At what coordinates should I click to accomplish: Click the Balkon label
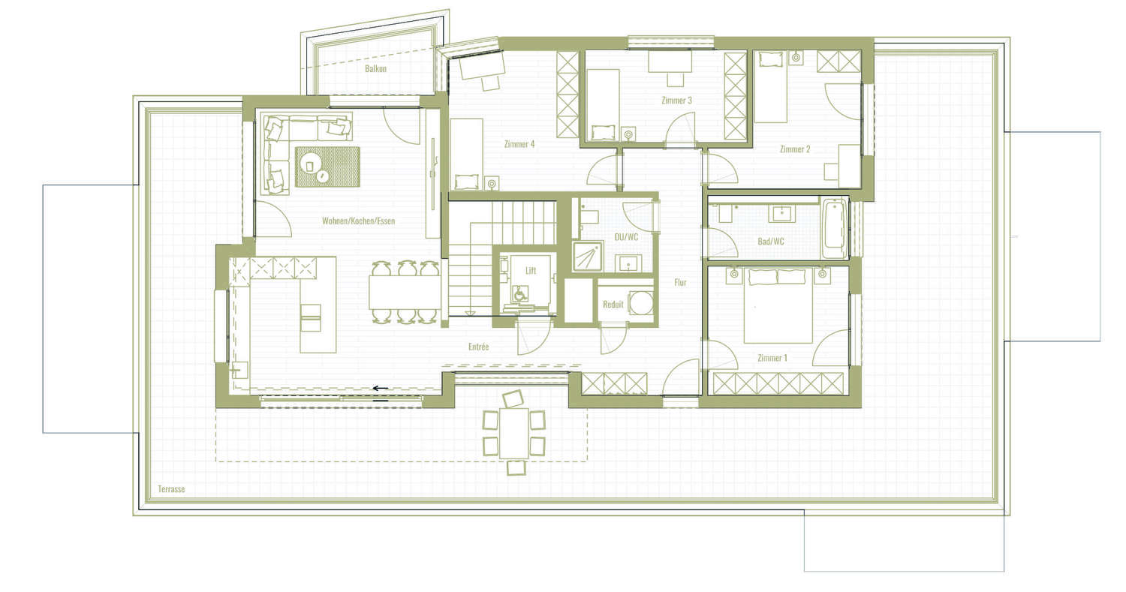tap(375, 69)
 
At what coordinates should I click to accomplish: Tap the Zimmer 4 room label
tap(519, 144)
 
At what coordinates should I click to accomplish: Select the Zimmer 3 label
tap(676, 101)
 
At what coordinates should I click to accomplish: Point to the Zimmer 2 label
tap(795, 149)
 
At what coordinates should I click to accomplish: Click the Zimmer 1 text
tap(772, 358)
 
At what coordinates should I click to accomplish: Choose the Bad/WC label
tap(771, 242)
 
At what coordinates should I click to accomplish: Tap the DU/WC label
tap(626, 236)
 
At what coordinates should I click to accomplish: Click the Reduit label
tap(613, 305)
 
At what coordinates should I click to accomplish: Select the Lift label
tap(531, 271)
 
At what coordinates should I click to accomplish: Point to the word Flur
tap(680, 282)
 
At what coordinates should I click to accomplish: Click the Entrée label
tap(478, 347)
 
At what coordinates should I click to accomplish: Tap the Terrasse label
tap(171, 489)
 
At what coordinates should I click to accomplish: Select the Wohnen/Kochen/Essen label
tap(358, 221)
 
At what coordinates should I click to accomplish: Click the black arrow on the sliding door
tap(380, 388)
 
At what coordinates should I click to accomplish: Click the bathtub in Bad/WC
tap(835, 229)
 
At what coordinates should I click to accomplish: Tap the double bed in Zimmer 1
tap(778, 305)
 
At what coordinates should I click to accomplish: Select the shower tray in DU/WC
tap(588, 256)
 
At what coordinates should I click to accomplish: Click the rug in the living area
tap(327, 167)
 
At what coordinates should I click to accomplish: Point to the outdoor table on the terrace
tap(513, 433)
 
